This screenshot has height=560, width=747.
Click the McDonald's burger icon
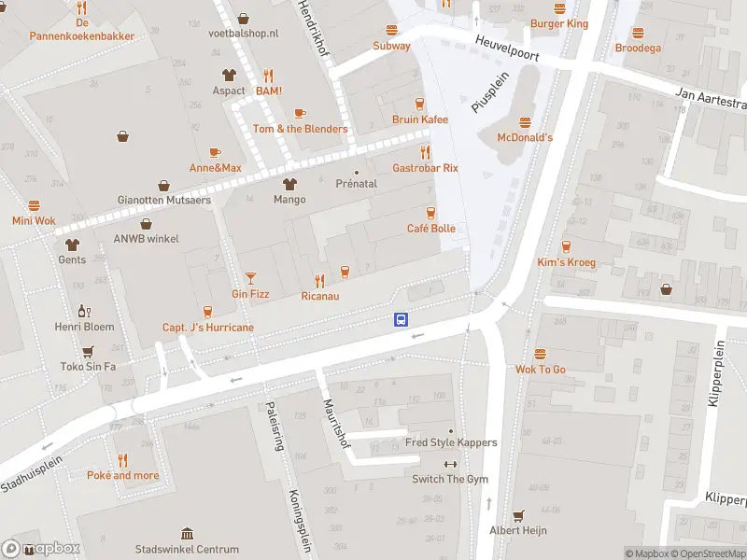[x=524, y=121]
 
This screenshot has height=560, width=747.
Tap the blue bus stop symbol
[x=401, y=319]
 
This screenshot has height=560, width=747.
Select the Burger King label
[x=558, y=23]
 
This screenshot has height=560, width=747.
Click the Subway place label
[x=391, y=46]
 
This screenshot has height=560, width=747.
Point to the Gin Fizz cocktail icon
[x=250, y=277]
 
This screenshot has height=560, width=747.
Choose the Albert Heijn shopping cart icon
[x=517, y=514]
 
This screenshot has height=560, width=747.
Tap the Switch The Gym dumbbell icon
[x=450, y=464]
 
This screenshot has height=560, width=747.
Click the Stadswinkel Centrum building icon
[x=187, y=533]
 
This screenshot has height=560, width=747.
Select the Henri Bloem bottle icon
[x=84, y=311]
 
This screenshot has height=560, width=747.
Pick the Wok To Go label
[x=540, y=370]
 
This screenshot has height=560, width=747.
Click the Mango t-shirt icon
[x=289, y=183]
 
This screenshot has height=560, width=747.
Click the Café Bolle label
[x=430, y=229]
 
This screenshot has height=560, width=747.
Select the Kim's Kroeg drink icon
[x=566, y=246]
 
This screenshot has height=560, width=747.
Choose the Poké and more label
[x=123, y=475]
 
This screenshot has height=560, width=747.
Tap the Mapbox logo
[x=41, y=549]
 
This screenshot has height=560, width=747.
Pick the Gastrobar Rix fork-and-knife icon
[x=426, y=152]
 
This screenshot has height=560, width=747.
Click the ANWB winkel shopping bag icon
[x=146, y=223]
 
